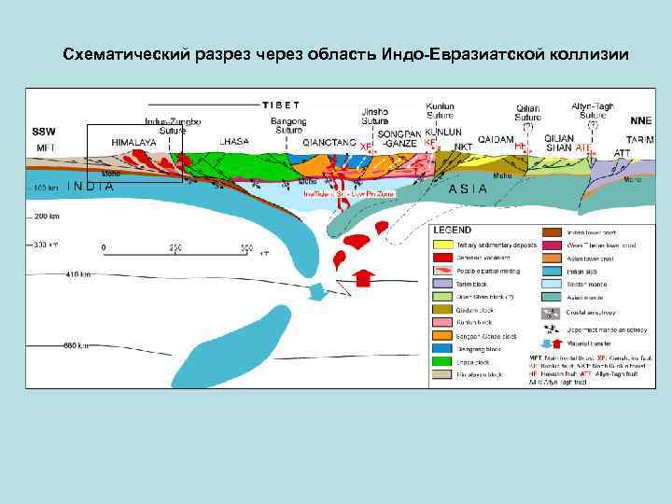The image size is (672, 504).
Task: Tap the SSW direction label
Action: (x=44, y=132)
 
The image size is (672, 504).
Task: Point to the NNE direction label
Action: (x=640, y=120)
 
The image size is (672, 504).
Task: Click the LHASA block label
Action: (x=233, y=141)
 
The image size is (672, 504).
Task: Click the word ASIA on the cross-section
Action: (x=469, y=188)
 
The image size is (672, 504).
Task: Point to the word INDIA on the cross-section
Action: (x=91, y=186)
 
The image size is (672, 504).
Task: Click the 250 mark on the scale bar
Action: (x=175, y=247)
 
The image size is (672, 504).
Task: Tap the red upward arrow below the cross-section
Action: (x=365, y=277)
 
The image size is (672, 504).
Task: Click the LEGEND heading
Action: (x=453, y=230)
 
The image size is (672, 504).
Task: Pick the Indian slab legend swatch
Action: (x=551, y=272)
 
